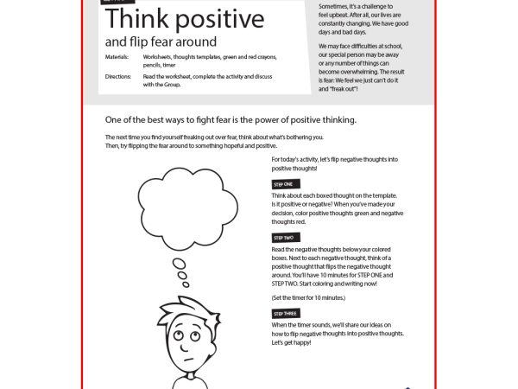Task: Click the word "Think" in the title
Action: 136,19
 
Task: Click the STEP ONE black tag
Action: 283,184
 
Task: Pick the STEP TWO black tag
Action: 284,237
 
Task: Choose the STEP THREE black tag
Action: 286,313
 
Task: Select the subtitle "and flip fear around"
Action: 161,41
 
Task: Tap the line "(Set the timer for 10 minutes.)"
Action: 308,297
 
